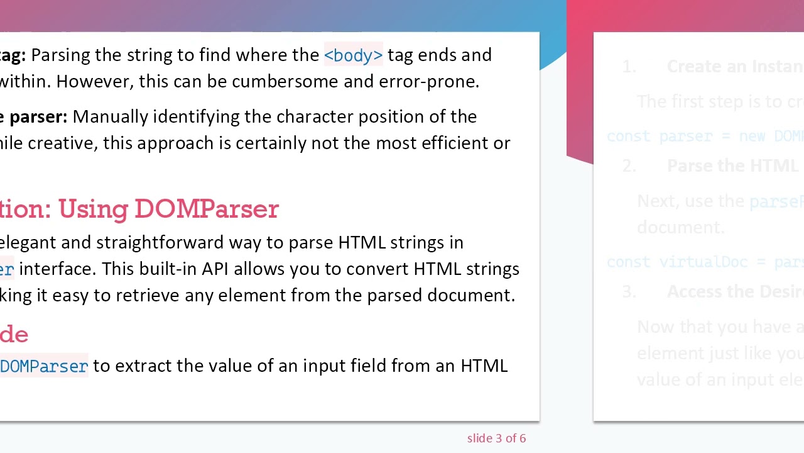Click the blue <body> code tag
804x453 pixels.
coord(353,55)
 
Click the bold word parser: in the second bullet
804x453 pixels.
coord(38,117)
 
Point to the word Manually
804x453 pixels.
coord(110,117)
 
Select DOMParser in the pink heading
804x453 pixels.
coord(206,209)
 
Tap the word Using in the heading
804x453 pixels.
coord(94,209)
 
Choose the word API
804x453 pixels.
coord(215,269)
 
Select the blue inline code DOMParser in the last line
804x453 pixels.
coord(44,366)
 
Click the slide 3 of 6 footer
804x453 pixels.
coord(496,439)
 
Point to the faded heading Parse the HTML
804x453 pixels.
coord(732,166)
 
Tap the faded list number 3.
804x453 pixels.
coord(629,292)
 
